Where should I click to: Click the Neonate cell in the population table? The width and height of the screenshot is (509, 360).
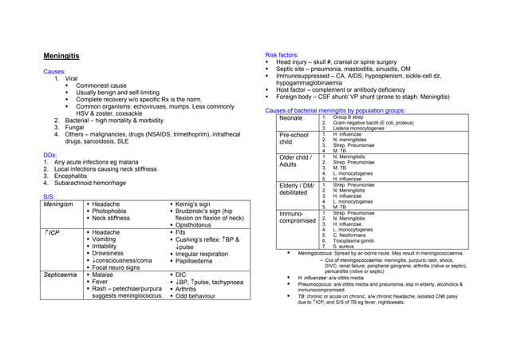coord(291,118)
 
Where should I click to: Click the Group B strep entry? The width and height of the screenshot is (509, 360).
coord(349,117)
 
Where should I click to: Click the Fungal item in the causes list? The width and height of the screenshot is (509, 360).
coord(76,126)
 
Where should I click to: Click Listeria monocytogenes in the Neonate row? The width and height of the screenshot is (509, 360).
coord(363,129)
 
